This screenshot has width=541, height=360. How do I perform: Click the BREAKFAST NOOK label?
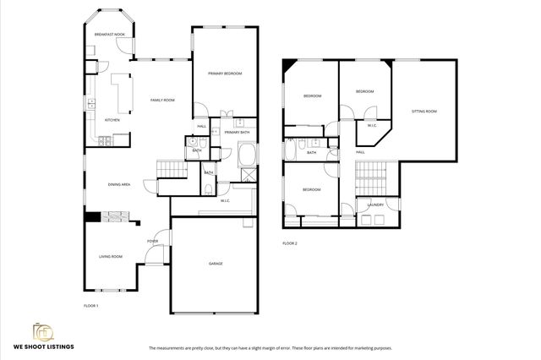109,34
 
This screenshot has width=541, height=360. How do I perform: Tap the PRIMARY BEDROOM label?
225,74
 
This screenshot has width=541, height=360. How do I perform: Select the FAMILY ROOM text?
162,101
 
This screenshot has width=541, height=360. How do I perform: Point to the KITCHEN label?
112,120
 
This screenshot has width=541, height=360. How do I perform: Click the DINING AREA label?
118,184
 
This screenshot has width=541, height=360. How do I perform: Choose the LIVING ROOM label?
112,256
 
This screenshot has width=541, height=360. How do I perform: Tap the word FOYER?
152,242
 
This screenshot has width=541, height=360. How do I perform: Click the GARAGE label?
216,264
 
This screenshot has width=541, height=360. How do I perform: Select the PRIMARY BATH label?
237,133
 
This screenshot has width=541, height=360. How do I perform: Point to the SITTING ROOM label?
424,112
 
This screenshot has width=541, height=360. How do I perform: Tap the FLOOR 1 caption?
90,305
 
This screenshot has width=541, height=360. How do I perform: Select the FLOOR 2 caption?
290,243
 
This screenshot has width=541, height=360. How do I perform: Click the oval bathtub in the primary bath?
249,155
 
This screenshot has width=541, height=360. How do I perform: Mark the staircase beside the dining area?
172,170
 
